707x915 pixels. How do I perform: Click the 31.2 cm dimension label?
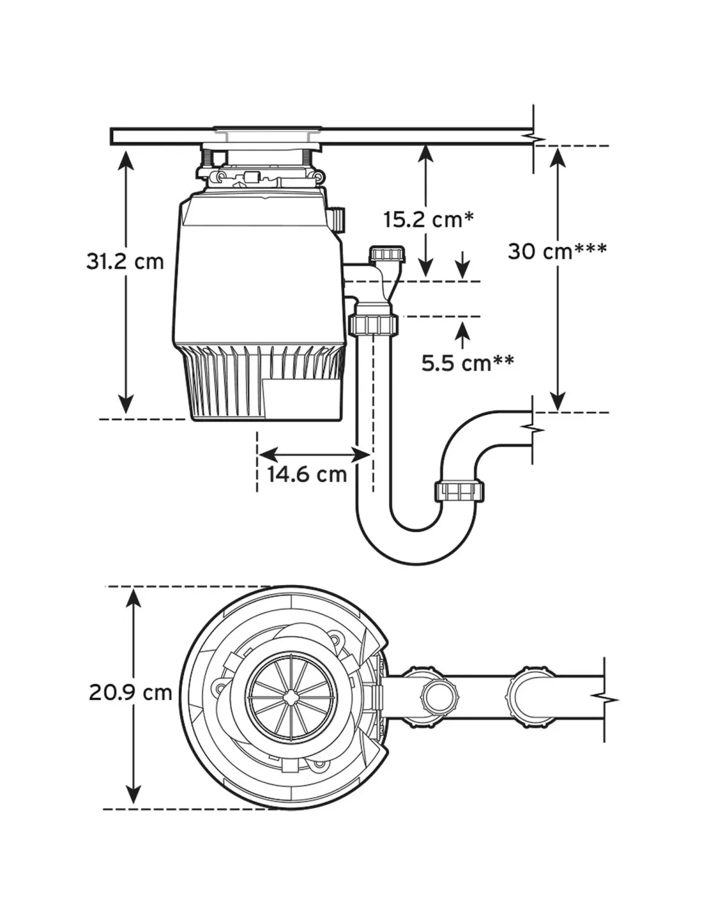(125, 261)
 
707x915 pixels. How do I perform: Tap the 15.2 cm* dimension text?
(428, 219)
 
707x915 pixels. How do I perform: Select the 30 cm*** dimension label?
(557, 252)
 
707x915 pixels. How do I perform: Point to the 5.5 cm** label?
(468, 363)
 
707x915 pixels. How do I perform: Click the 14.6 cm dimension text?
(307, 475)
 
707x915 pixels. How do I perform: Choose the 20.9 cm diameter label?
(131, 692)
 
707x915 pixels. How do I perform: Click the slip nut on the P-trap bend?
(459, 490)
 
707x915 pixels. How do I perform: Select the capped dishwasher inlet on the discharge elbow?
(387, 255)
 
